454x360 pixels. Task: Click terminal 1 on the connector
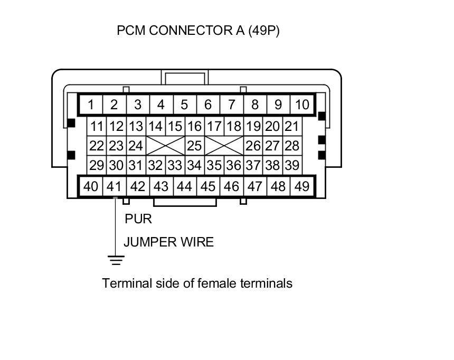click(x=91, y=105)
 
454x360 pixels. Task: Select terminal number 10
click(x=301, y=105)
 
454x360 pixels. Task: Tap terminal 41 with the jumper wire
click(x=114, y=186)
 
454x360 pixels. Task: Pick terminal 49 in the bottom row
click(x=301, y=186)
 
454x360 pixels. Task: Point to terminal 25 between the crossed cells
click(x=194, y=145)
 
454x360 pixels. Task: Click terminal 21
click(x=291, y=126)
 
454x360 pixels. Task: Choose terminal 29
click(x=96, y=165)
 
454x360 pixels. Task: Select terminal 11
click(x=96, y=126)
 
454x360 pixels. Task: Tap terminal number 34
click(x=194, y=165)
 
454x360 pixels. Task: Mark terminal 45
click(x=208, y=186)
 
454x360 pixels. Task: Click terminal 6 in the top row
click(x=208, y=105)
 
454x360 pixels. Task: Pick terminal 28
click(x=291, y=145)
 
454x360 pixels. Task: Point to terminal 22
click(x=96, y=145)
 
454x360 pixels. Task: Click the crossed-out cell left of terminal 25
click(x=165, y=145)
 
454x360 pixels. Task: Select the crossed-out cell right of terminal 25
click(x=224, y=145)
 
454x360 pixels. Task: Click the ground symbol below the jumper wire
click(x=116, y=260)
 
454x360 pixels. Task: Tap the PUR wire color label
click(x=138, y=219)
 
